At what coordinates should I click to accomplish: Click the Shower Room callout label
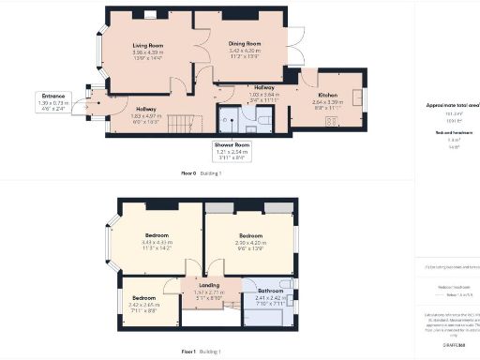click(232, 144)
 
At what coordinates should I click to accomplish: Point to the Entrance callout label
click(52, 96)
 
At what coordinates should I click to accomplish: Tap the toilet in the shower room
click(263, 120)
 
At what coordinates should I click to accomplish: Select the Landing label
click(210, 285)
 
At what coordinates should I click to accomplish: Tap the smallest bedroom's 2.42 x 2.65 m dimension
click(145, 305)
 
